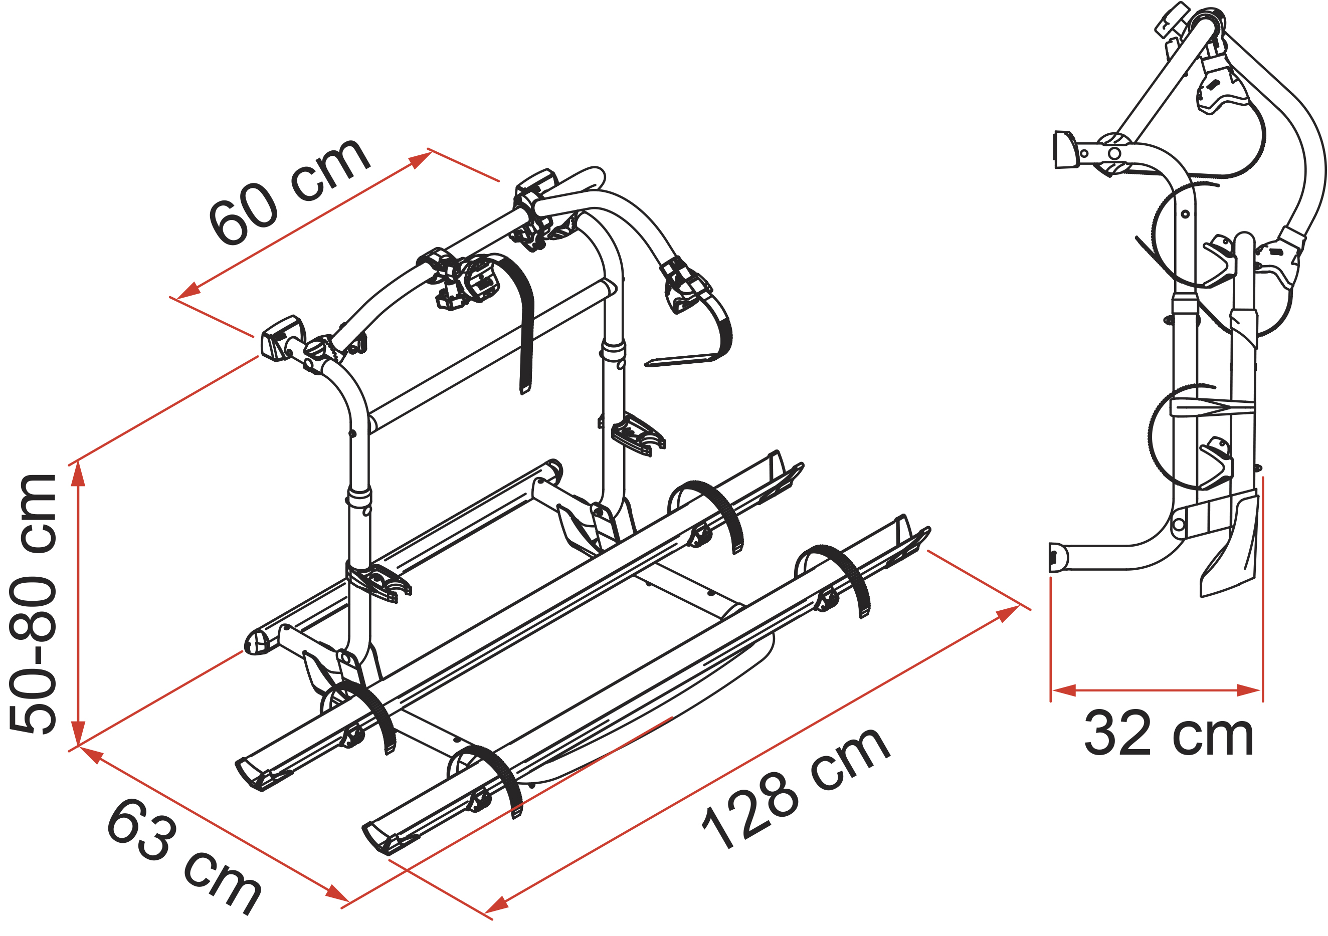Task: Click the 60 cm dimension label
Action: pos(289,191)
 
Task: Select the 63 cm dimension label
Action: pos(184,856)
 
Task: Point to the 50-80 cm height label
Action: pos(33,604)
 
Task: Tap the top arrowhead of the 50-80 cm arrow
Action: pos(78,475)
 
